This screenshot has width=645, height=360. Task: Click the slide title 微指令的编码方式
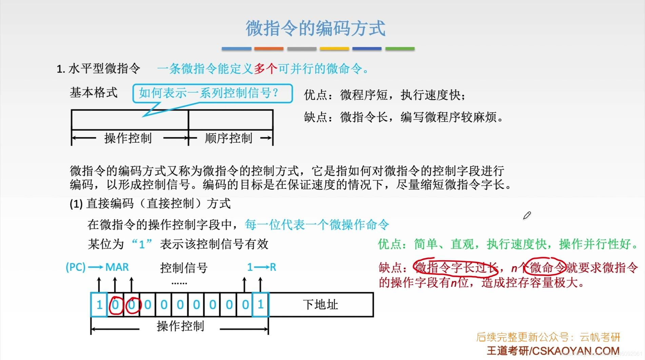point(315,28)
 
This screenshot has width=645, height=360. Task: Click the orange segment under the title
point(269,49)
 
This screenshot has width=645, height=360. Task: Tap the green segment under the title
point(400,49)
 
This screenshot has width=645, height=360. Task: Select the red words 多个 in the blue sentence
point(266,69)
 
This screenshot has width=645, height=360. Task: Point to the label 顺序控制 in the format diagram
point(229,138)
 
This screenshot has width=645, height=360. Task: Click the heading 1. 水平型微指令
point(98,69)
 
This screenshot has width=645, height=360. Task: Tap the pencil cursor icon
point(527,216)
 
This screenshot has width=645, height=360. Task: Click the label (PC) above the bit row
point(75,267)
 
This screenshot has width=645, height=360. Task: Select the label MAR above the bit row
point(117,267)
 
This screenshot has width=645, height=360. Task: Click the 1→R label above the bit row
point(261,267)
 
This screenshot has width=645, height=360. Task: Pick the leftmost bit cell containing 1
point(99,305)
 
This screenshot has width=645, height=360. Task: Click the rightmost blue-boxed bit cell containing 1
point(260,305)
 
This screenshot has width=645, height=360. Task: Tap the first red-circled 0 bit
point(115,305)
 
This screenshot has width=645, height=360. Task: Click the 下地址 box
point(320,305)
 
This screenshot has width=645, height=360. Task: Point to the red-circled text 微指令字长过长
point(456,268)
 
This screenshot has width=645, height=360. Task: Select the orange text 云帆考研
point(600,337)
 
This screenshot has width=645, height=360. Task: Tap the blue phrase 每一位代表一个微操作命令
point(317,224)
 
